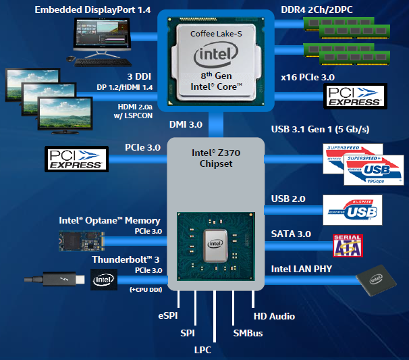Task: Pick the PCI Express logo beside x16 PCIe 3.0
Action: (355, 97)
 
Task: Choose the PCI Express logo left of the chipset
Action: (76, 159)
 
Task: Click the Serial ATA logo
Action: (348, 247)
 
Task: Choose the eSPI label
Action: (167, 315)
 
